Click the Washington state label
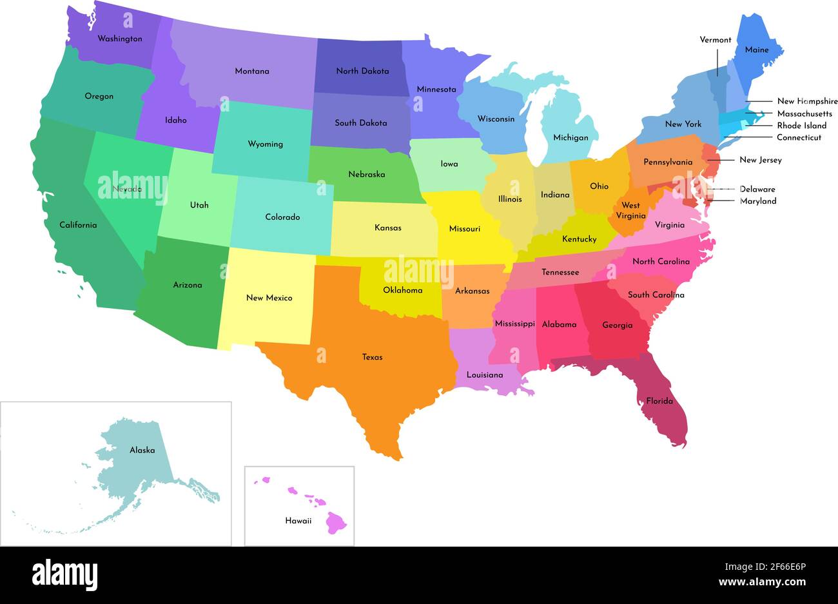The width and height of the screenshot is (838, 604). coord(120,39)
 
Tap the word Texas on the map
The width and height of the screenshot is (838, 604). coord(372,357)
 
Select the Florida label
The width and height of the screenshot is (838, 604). coord(659,401)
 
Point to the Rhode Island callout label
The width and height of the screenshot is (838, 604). coord(801,126)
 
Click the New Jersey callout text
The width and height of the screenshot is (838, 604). coord(760,160)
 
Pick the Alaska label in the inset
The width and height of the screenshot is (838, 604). coord(142,450)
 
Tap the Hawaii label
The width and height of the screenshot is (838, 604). coord(298,520)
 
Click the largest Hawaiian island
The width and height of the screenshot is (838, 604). coord(336,522)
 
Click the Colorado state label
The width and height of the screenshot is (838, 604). coord(282,217)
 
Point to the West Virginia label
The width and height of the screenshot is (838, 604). coord(630,211)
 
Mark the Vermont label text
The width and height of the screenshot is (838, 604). coord(716,40)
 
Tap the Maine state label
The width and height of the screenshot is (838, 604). coord(756,50)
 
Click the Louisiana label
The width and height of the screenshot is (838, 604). coord(485,375)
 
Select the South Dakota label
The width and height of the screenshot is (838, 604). coord(361,122)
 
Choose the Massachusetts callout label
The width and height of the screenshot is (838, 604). coord(804,113)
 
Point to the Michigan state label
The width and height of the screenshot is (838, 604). coord(570,138)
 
